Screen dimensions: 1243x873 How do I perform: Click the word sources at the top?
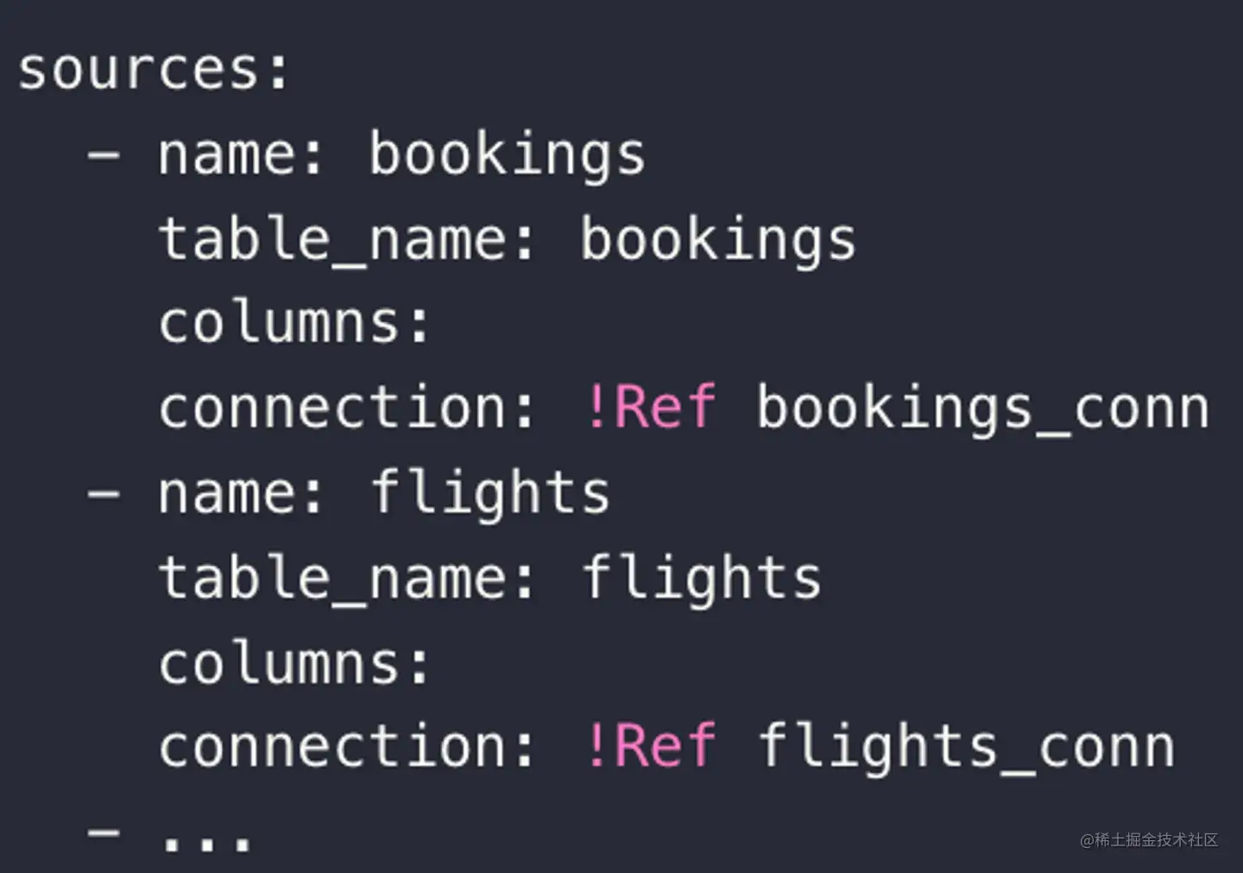pos(138,69)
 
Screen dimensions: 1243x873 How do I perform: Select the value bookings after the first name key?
pos(507,155)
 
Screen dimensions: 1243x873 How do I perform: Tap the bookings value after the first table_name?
pos(717,240)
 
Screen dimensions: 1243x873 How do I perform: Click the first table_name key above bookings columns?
pos(331,240)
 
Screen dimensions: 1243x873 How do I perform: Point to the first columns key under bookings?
pos(280,323)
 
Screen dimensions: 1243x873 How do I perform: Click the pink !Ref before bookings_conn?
pos(650,408)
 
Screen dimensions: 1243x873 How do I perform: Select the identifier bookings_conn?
pos(982,408)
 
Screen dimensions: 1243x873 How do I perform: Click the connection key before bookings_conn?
pos(331,408)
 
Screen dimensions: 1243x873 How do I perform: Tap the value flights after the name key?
pos(489,493)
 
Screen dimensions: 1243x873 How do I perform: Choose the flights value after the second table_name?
pos(701,578)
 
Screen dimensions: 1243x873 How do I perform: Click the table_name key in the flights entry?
pos(331,578)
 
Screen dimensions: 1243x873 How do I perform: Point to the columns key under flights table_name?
pos(280,663)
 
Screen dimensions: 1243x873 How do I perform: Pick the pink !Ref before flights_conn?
pos(650,746)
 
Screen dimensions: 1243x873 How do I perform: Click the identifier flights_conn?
pos(965,746)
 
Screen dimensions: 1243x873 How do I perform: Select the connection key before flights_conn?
pos(331,746)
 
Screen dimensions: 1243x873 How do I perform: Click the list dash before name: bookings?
pos(104,156)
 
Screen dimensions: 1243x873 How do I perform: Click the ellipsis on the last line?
pos(207,842)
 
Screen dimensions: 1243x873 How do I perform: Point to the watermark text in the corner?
pos(1148,839)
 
